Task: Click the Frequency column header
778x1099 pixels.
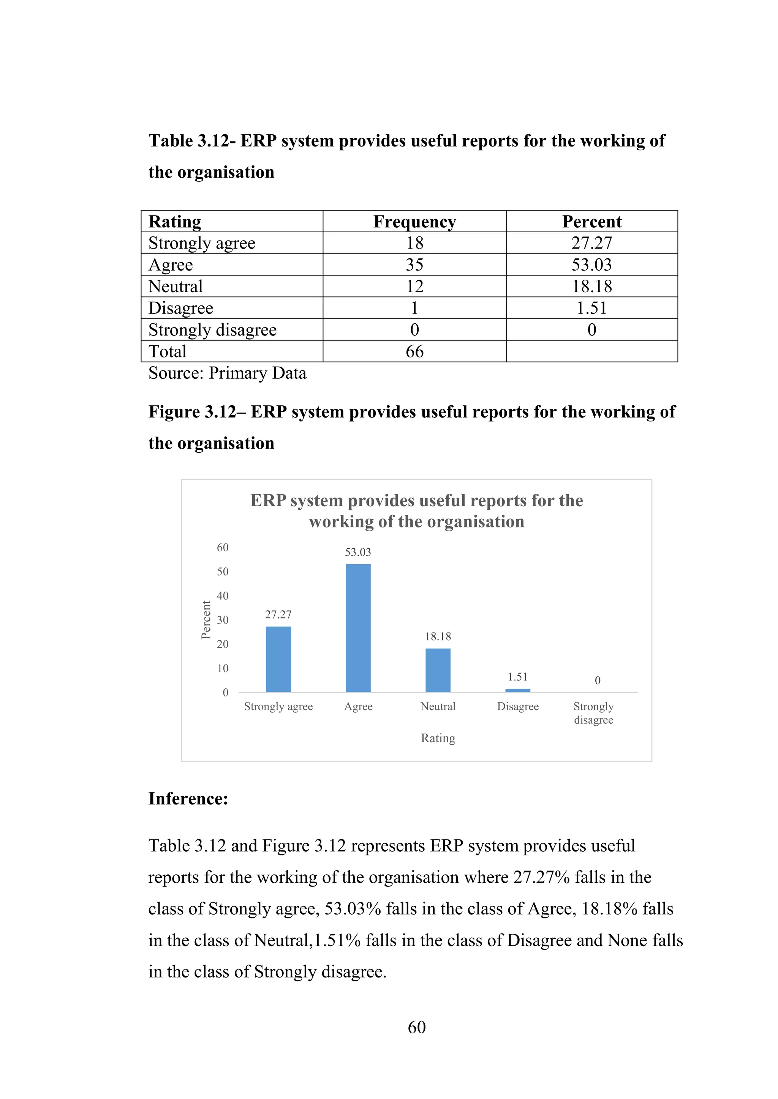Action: [414, 222]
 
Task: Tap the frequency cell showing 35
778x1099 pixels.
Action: [414, 265]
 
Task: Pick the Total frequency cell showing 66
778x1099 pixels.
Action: [414, 351]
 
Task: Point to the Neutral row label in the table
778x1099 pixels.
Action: [176, 286]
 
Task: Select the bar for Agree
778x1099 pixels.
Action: [358, 628]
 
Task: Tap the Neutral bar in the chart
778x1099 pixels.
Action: [438, 670]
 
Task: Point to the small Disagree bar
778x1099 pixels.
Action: [517, 690]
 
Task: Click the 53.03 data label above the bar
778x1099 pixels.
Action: [358, 553]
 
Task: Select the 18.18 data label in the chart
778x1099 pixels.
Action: [438, 637]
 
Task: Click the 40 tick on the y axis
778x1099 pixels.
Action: [223, 596]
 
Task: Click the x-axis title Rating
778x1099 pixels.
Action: [438, 738]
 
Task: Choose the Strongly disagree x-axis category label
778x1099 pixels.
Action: [593, 713]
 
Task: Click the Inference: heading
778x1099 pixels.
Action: [188, 798]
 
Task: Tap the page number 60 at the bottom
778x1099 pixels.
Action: [416, 1027]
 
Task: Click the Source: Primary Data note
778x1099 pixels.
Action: [227, 373]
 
